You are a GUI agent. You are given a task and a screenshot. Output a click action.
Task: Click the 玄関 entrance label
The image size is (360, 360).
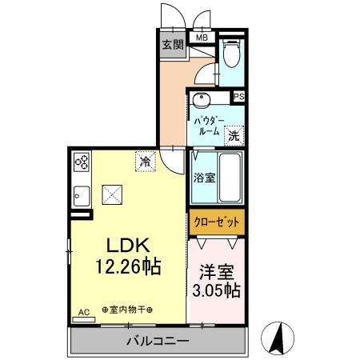[172, 45]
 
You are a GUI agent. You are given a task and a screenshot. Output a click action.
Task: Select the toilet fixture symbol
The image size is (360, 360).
[233, 55]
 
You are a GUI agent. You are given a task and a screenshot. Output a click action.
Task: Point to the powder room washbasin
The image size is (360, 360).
[200, 102]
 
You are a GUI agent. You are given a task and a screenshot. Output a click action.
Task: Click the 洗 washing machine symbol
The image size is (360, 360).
[234, 135]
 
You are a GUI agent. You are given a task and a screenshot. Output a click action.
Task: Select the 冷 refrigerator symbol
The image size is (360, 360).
[145, 162]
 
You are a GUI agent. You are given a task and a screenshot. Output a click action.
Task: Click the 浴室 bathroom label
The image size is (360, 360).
[204, 178]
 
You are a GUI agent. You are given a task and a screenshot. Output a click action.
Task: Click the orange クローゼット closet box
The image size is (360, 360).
[216, 220]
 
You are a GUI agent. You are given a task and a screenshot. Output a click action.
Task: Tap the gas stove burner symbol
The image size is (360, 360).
[82, 162]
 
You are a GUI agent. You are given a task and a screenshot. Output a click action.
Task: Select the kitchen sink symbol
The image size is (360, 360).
[82, 194]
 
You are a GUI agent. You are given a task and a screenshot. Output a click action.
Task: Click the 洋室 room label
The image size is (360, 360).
[216, 271]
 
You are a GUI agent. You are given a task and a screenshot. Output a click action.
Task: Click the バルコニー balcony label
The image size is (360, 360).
[157, 342]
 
